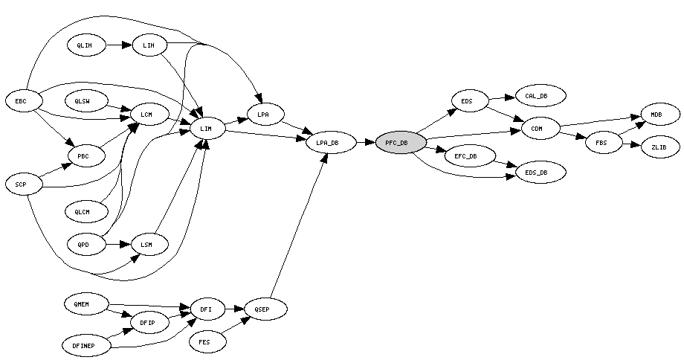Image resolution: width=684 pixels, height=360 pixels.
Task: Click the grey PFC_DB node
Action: [x=401, y=143]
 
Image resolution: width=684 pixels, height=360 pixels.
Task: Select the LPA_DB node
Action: [x=331, y=143]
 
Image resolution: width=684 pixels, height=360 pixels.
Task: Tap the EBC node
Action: [x=21, y=100]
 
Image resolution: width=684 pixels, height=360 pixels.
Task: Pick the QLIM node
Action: [x=85, y=45]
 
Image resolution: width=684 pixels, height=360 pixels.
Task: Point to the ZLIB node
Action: [x=659, y=147]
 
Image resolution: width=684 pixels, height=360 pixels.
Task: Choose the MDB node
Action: [x=656, y=115]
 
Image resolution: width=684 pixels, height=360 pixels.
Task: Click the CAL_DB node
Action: [x=541, y=96]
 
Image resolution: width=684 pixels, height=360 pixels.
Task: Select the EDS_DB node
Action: [x=541, y=173]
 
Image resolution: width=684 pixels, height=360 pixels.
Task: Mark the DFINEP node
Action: [x=84, y=345]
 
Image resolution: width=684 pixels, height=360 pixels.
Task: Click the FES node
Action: [x=204, y=342]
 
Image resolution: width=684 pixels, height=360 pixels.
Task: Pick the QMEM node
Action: [x=85, y=303]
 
